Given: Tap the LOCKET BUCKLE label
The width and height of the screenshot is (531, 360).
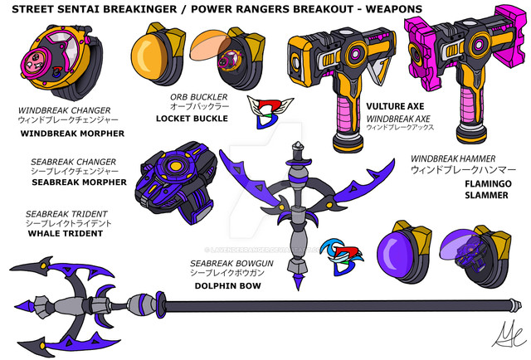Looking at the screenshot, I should coord(186,118).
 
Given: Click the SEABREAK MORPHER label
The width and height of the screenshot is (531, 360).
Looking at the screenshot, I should coord(72,182).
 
